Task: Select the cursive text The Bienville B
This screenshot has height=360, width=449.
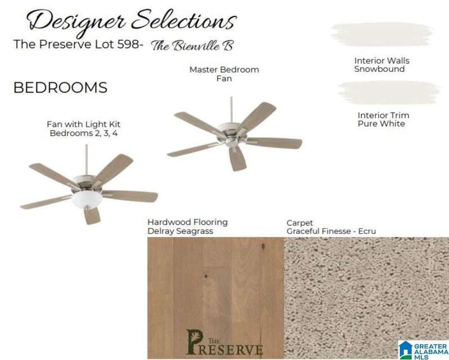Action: tap(193, 46)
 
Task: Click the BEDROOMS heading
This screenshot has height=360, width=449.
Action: tap(61, 87)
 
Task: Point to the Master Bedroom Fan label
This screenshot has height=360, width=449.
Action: tap(224, 74)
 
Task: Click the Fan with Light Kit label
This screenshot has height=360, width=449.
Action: tap(84, 124)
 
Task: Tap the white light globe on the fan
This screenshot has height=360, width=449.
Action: tap(83, 200)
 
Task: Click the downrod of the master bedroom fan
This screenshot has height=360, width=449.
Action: tap(231, 109)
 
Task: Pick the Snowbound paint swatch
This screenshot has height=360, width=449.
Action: tap(382, 34)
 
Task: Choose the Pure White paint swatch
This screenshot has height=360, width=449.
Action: tap(388, 92)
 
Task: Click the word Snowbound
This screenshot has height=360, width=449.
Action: tap(379, 70)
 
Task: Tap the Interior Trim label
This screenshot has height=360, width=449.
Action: tap(383, 116)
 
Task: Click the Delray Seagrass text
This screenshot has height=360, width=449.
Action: tap(180, 231)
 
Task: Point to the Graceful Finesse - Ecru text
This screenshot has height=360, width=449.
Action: tap(331, 231)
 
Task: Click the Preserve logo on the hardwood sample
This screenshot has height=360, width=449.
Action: tap(224, 342)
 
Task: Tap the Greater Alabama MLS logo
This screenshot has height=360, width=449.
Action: tap(423, 350)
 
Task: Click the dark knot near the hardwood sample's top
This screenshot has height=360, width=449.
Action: tap(263, 246)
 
